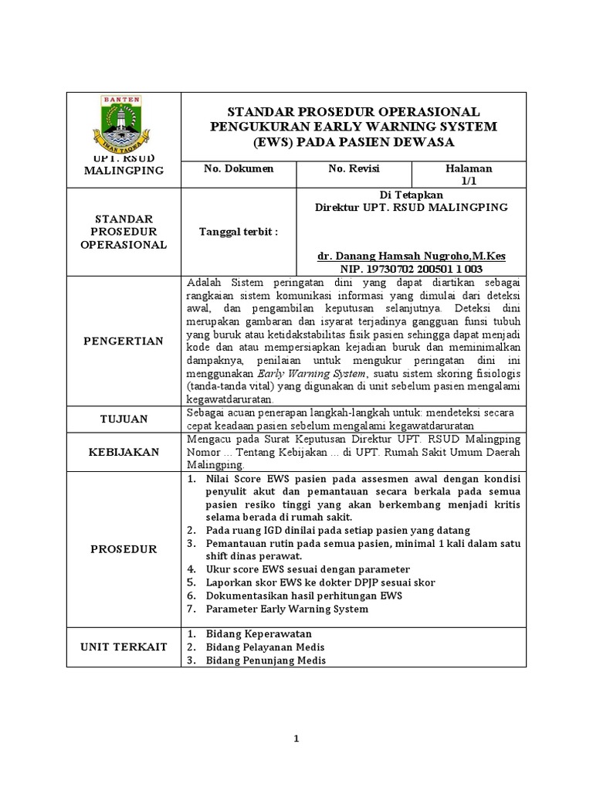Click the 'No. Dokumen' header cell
click(x=238, y=168)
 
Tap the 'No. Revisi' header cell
click(x=354, y=168)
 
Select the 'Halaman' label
click(x=469, y=168)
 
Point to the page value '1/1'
click(x=469, y=181)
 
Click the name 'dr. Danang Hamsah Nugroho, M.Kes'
click(x=412, y=256)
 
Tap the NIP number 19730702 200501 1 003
click(x=412, y=269)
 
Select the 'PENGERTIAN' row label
click(x=124, y=341)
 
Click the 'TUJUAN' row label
click(x=124, y=419)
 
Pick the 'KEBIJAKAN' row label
click(x=124, y=451)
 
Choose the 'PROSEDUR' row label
click(x=124, y=549)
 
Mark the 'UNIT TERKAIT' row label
click(x=124, y=647)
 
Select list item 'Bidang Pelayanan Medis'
click(x=265, y=647)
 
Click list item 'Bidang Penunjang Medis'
click(x=266, y=660)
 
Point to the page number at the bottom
click(x=296, y=739)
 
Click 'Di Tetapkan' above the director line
click(x=412, y=195)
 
